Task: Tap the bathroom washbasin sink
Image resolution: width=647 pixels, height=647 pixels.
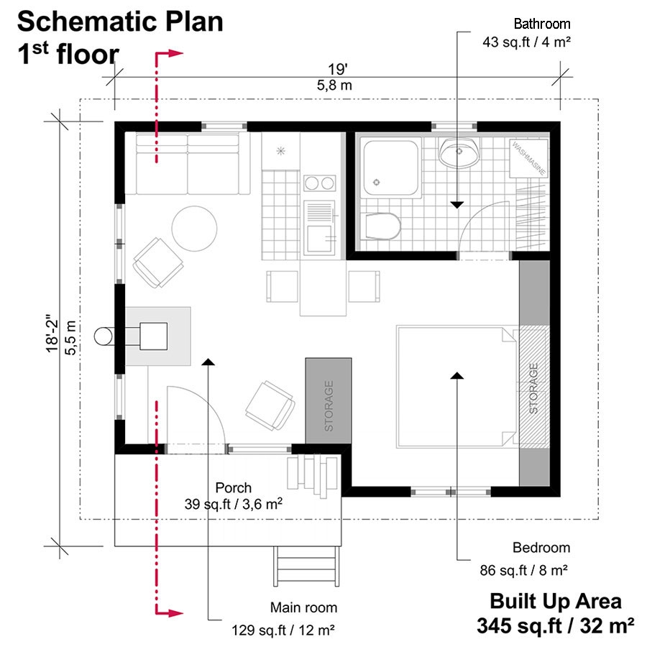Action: (x=459, y=152)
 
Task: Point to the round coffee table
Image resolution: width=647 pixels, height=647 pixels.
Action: (x=194, y=229)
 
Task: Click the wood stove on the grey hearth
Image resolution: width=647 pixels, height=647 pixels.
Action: (x=154, y=336)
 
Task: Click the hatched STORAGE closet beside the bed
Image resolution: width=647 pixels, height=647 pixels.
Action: (x=533, y=387)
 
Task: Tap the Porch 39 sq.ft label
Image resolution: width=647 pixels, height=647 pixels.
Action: (x=232, y=496)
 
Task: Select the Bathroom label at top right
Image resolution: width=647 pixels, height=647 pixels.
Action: (x=542, y=24)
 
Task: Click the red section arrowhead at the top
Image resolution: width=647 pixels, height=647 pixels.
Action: (x=175, y=53)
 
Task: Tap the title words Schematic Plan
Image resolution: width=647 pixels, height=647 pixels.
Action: (x=120, y=22)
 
